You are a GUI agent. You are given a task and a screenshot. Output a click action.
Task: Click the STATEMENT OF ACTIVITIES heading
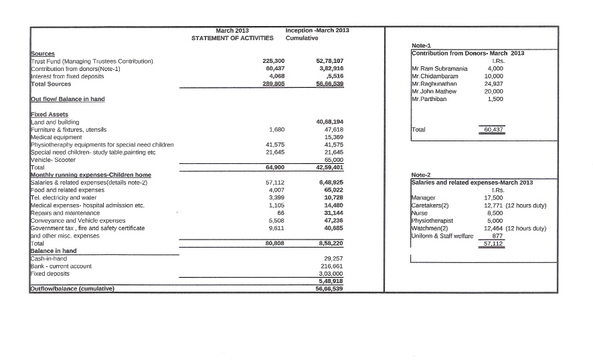pos(232,38)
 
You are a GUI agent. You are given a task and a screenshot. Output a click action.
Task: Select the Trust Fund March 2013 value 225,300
pos(275,61)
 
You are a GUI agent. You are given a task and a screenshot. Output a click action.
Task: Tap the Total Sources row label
pos(51,84)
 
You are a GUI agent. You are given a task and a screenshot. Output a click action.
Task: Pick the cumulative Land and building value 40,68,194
pos(329,122)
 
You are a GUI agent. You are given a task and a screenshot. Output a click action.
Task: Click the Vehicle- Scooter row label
pos(54,160)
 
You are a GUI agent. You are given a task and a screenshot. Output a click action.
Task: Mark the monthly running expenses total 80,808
pos(275,244)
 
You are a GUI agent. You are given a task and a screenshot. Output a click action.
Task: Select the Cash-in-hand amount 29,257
pos(333,258)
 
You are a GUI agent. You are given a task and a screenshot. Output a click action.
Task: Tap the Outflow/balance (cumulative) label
pos(72,289)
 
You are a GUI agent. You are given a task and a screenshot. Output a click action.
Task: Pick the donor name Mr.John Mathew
pos(434,91)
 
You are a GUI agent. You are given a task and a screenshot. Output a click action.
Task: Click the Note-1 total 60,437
pos(493,129)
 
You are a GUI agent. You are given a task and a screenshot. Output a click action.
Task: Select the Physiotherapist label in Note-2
pos(432,220)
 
